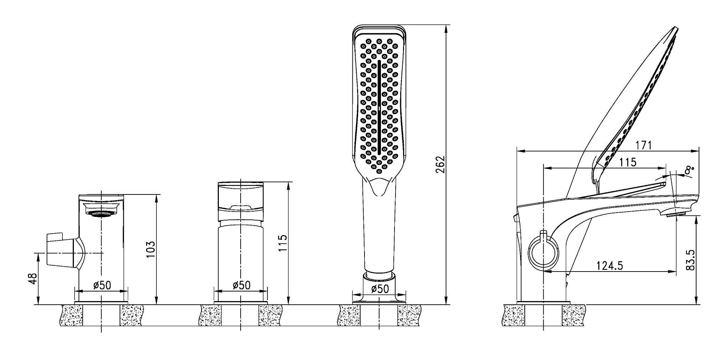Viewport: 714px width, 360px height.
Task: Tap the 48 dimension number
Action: [x=33, y=278]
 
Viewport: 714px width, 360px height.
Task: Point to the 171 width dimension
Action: [x=644, y=145]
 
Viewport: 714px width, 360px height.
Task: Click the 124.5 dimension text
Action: [x=609, y=265]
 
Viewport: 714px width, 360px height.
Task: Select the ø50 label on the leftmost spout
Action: [x=102, y=285]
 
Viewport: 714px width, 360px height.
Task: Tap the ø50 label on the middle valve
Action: [x=241, y=285]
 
